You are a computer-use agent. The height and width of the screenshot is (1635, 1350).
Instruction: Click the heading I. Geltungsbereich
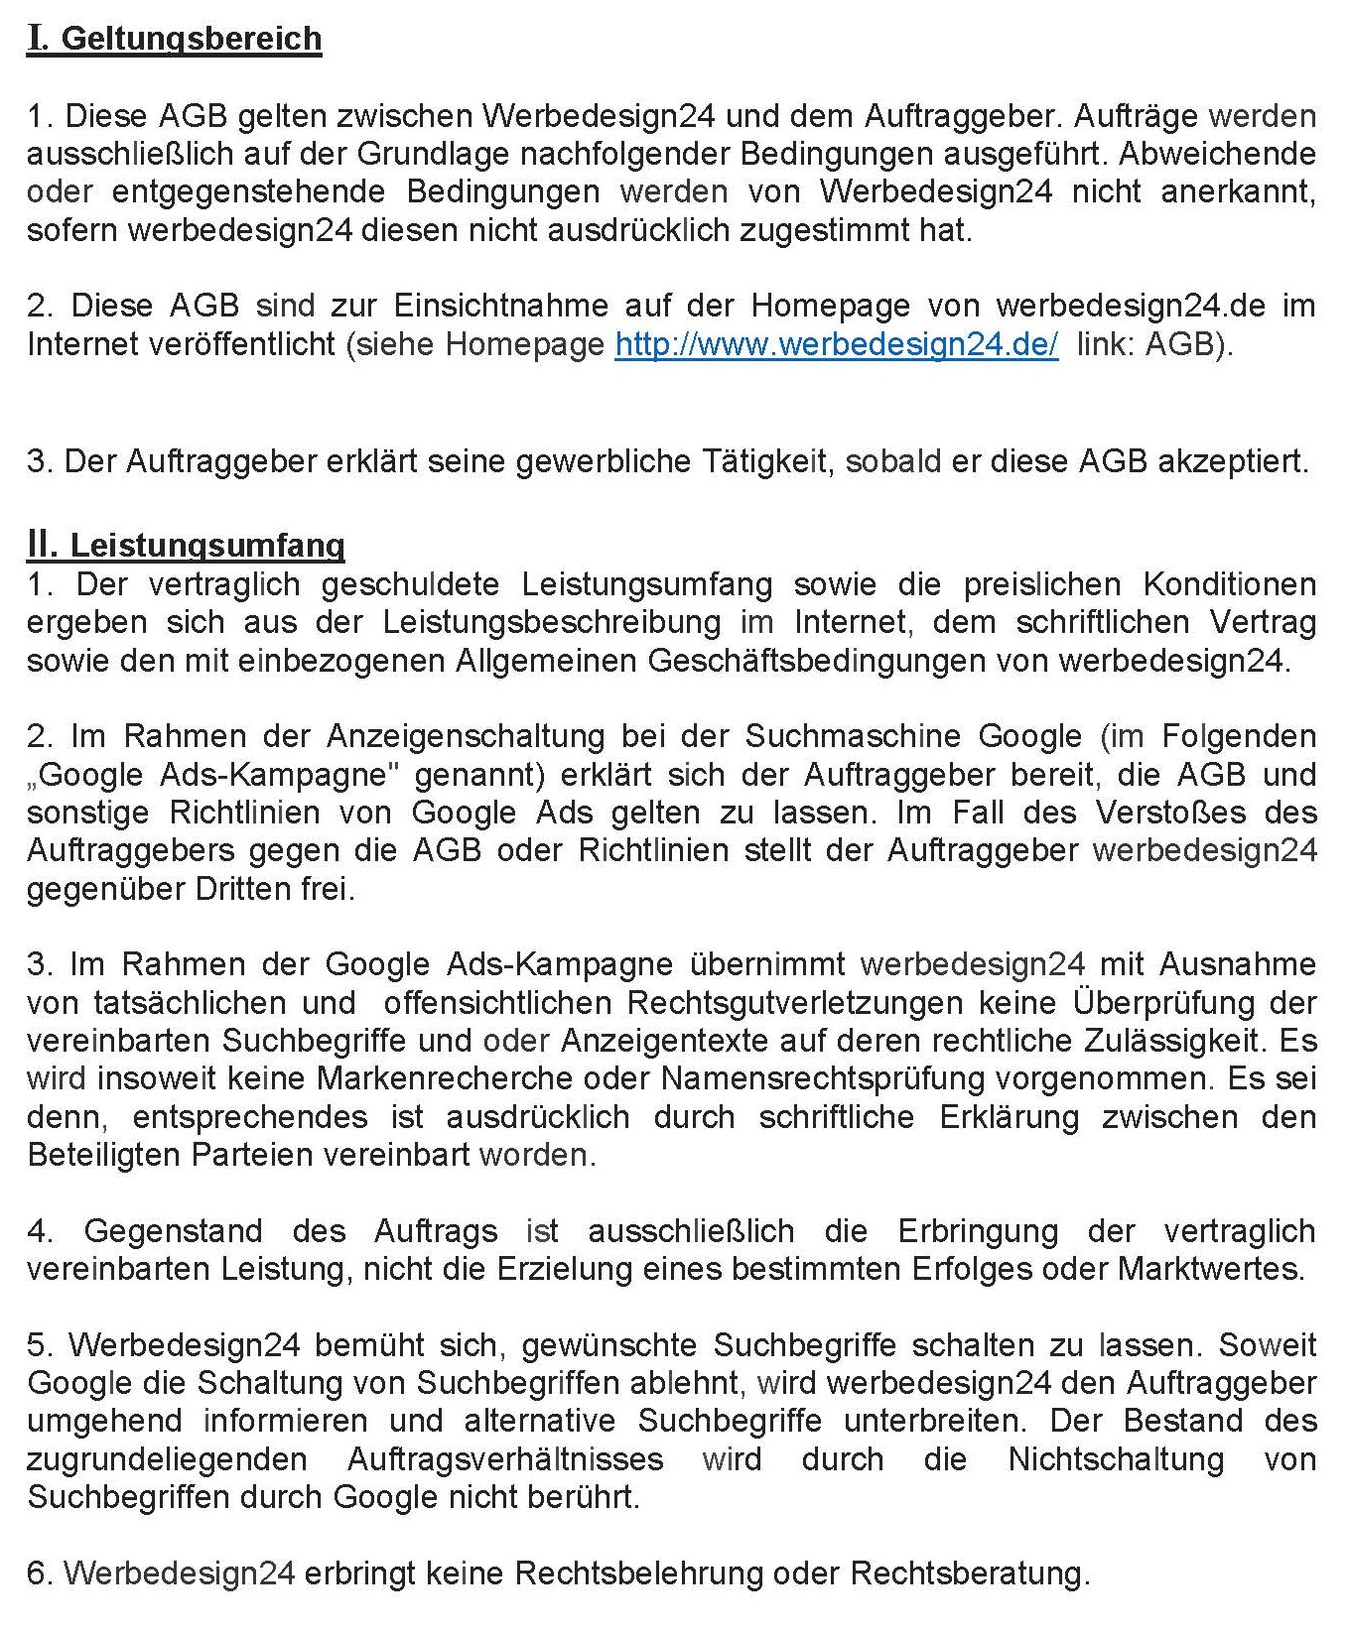pos(175,39)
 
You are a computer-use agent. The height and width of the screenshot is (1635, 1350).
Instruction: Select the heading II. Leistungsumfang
pos(187,545)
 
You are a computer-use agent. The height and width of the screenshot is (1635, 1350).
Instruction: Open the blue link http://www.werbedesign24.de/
pos(836,344)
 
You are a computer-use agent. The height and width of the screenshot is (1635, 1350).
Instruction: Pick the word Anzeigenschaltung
pos(466,736)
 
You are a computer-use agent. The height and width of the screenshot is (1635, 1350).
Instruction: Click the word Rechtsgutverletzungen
pos(794,1003)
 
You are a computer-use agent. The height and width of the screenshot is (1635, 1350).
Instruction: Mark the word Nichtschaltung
pos(1116,1459)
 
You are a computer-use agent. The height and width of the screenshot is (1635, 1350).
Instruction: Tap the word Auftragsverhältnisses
pos(505,1459)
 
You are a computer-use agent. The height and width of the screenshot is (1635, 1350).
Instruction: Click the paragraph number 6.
pos(37,1573)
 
